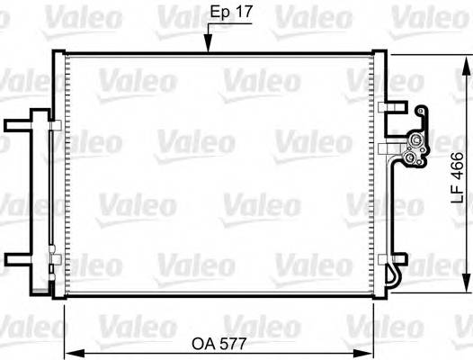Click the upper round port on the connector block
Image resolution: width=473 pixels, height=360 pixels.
pyautogui.click(x=416, y=140)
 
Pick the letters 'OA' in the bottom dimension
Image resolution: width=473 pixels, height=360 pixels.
pyautogui.click(x=204, y=343)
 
